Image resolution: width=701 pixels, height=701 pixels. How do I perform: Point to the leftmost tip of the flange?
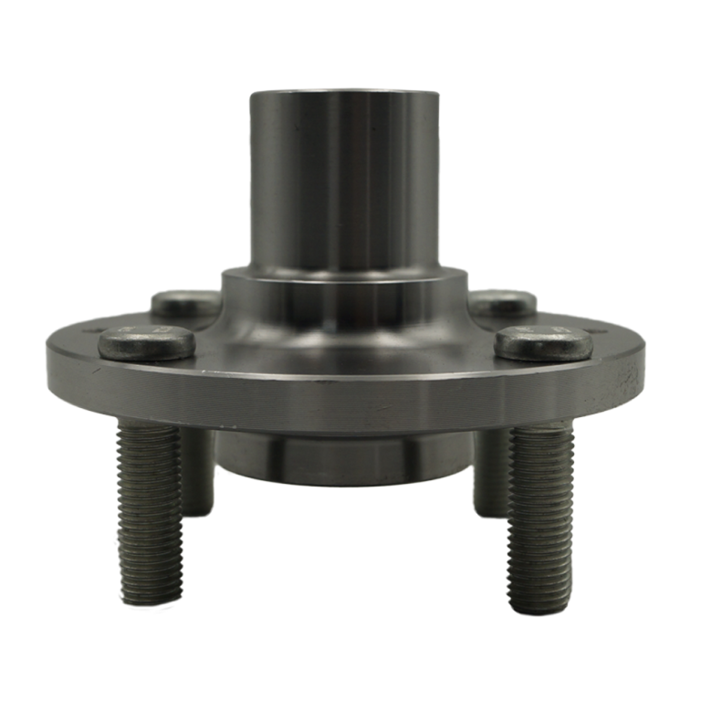point(46,365)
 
